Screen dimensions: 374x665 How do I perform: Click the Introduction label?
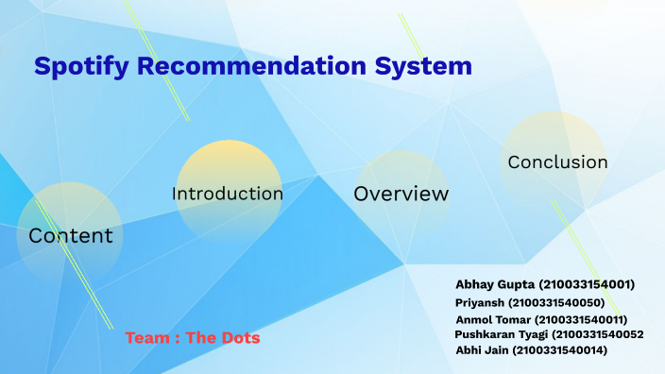pyautogui.click(x=227, y=194)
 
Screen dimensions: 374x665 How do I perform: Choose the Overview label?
pyautogui.click(x=401, y=195)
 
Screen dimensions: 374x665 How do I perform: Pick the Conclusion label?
pyautogui.click(x=557, y=161)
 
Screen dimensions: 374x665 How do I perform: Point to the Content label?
pyautogui.click(x=71, y=236)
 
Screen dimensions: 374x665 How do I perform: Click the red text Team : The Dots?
pyautogui.click(x=193, y=337)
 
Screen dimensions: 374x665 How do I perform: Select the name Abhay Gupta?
pyautogui.click(x=492, y=284)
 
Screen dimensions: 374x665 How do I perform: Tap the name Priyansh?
pyautogui.click(x=480, y=302)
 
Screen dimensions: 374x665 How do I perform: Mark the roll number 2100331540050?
pyautogui.click(x=556, y=302)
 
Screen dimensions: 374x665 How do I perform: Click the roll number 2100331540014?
pyautogui.click(x=559, y=350)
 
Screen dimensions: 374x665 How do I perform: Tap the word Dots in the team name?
pyautogui.click(x=240, y=337)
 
